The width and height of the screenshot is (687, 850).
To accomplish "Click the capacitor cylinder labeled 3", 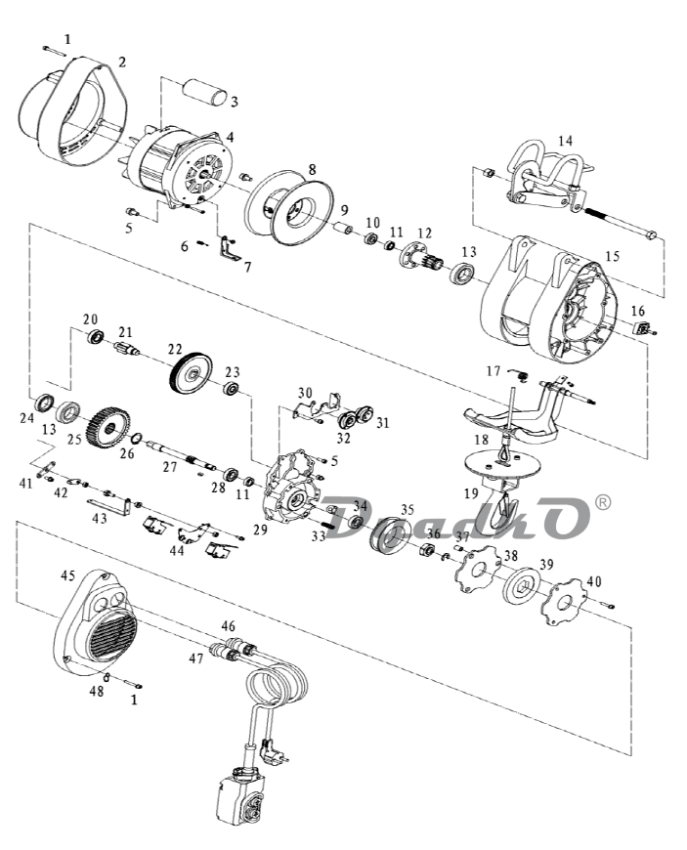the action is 205,93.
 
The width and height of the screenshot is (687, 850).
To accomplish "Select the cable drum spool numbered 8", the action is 288,206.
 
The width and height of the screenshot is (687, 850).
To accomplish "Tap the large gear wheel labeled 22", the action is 191,373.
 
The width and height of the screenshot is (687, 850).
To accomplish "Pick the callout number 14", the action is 565,141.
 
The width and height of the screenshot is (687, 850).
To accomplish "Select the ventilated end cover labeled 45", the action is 96,623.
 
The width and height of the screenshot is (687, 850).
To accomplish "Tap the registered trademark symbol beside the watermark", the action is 602,502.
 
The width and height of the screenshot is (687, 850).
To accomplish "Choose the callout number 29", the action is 260,530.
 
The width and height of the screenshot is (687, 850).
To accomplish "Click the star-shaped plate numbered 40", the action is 564,601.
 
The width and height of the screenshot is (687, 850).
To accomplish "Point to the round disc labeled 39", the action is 521,585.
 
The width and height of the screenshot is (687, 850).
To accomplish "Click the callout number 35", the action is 408,510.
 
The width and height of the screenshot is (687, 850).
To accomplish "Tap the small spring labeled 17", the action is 520,374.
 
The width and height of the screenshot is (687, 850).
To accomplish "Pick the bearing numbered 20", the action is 96,337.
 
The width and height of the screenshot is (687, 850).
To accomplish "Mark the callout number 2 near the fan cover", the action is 122,63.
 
